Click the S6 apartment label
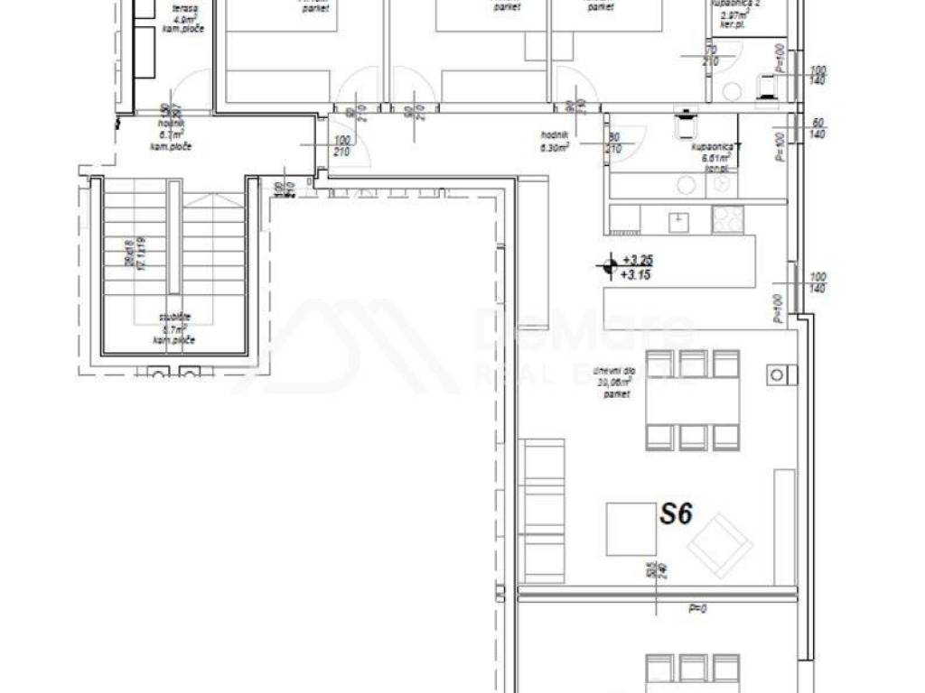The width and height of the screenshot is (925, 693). pyautogui.click(x=675, y=514)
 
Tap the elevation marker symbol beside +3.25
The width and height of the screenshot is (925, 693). pyautogui.click(x=608, y=265)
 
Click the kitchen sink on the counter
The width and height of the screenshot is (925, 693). pyautogui.click(x=677, y=219)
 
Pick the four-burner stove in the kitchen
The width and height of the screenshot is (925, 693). pyautogui.click(x=725, y=218)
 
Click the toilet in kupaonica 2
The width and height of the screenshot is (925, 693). pyautogui.click(x=768, y=85)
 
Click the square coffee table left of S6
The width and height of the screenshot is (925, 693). pyautogui.click(x=631, y=529)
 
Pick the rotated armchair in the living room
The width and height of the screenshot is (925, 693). pyautogui.click(x=719, y=544)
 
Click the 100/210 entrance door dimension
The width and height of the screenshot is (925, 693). pyautogui.click(x=341, y=146)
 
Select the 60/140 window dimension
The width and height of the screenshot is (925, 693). pyautogui.click(x=818, y=127)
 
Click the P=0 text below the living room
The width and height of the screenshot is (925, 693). pyautogui.click(x=696, y=609)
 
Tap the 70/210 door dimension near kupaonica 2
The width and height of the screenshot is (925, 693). pyautogui.click(x=711, y=55)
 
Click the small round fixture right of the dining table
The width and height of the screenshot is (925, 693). pyautogui.click(x=776, y=372)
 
